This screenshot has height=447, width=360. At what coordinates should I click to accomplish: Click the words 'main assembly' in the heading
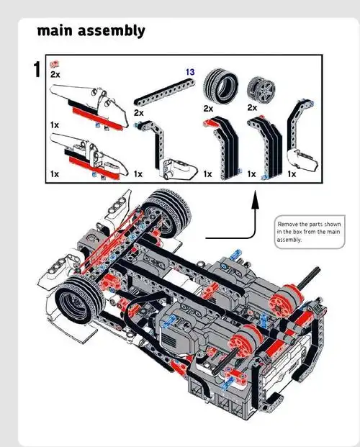pyautogui.click(x=91, y=30)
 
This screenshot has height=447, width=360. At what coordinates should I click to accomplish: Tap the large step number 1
pyautogui.click(x=37, y=70)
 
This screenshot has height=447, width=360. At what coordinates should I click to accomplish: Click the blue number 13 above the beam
pyautogui.click(x=190, y=72)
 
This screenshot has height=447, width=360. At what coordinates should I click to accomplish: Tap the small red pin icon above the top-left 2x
pyautogui.click(x=53, y=64)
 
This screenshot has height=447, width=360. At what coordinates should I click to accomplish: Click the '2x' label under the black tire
pyautogui.click(x=208, y=108)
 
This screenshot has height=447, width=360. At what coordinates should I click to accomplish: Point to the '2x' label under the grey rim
pyautogui.click(x=252, y=107)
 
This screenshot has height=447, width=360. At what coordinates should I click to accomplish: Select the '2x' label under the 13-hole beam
pyautogui.click(x=138, y=113)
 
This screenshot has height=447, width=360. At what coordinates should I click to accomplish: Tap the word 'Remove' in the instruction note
pyautogui.click(x=288, y=225)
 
